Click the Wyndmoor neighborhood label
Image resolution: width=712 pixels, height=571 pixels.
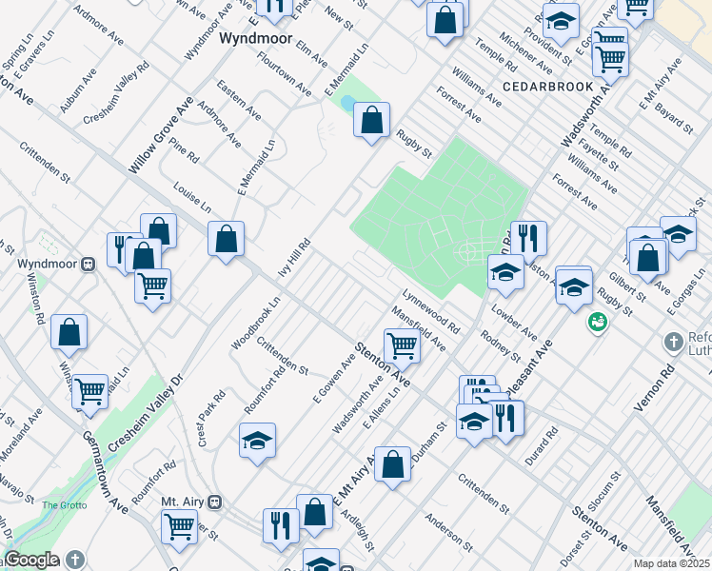point(254,40)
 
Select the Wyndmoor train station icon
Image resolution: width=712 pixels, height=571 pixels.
point(88,264)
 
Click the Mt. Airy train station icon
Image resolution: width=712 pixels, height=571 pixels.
point(216,502)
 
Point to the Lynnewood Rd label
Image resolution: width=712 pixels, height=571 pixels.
point(432,311)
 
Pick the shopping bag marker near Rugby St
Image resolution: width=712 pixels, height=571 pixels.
point(372,122)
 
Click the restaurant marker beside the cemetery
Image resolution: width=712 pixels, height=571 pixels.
point(528,240)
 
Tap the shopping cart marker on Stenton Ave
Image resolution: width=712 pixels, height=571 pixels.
point(402,346)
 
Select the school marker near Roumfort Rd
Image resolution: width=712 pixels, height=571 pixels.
point(257,441)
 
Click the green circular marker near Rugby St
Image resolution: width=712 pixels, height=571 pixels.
point(598,323)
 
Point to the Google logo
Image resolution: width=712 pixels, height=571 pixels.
point(31,560)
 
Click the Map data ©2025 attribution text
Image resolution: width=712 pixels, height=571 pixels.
point(670,563)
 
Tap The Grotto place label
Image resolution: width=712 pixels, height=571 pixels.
point(64,505)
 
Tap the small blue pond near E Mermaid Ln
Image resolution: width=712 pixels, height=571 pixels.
point(348,103)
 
